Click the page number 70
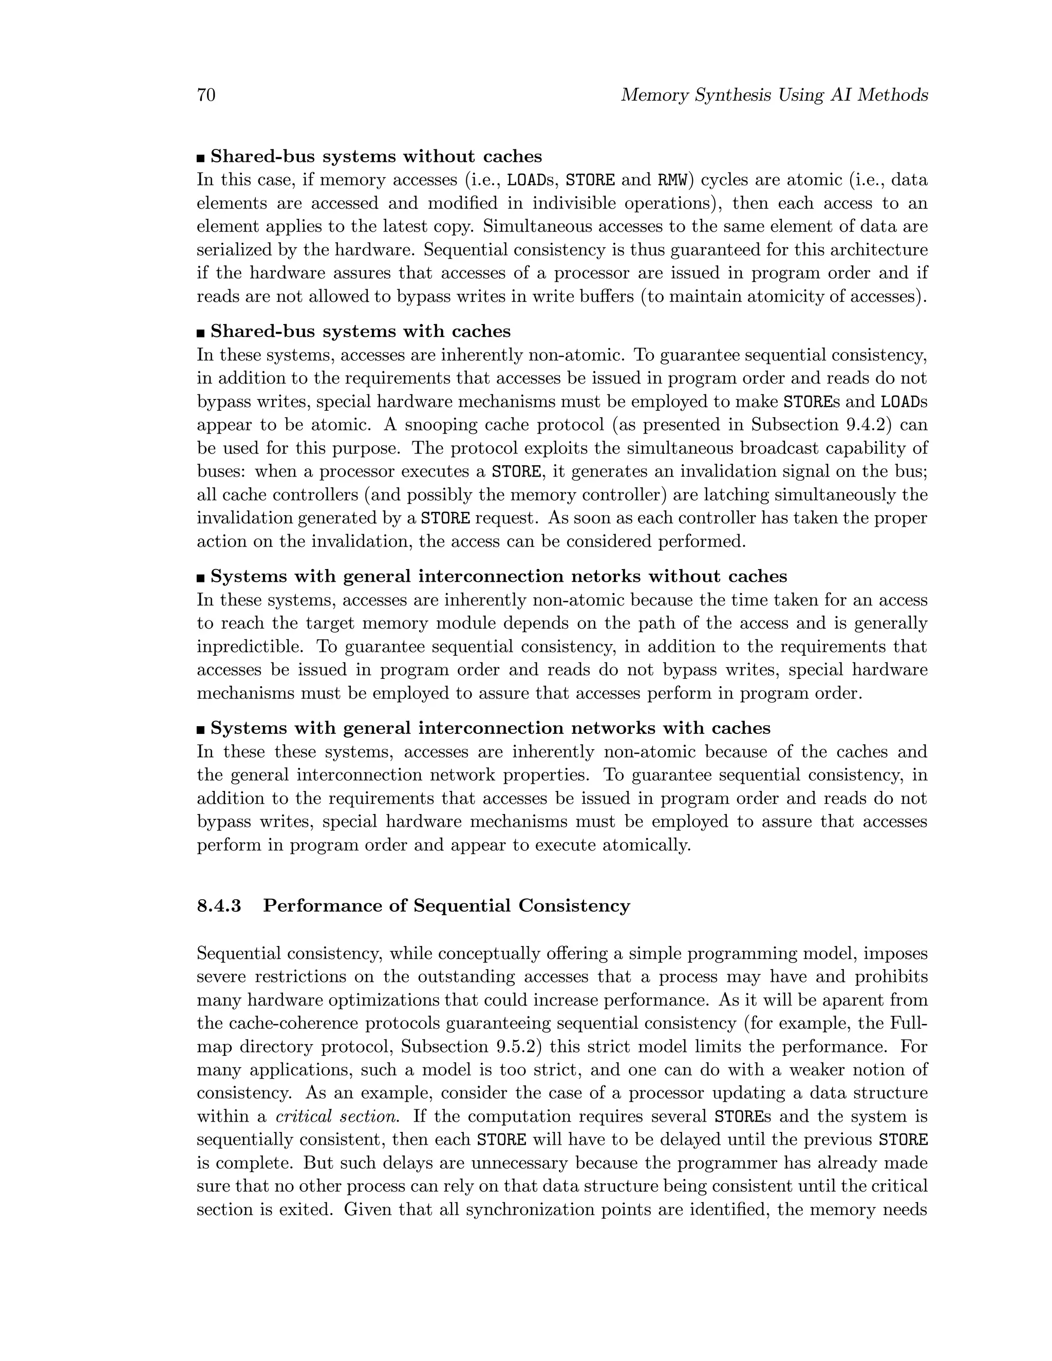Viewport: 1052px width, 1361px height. (206, 96)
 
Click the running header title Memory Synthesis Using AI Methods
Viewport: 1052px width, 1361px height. (774, 96)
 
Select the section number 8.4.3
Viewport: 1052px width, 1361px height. (219, 905)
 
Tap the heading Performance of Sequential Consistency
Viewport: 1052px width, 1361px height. (446, 905)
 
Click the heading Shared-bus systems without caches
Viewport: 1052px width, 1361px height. (376, 157)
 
